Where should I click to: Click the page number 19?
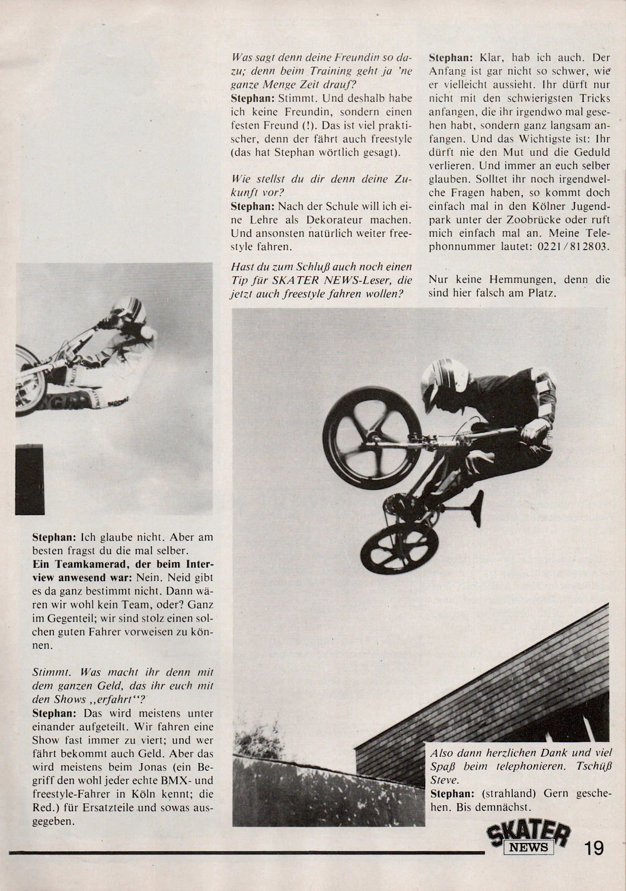coord(594,847)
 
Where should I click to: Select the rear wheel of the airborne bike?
coord(399,548)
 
